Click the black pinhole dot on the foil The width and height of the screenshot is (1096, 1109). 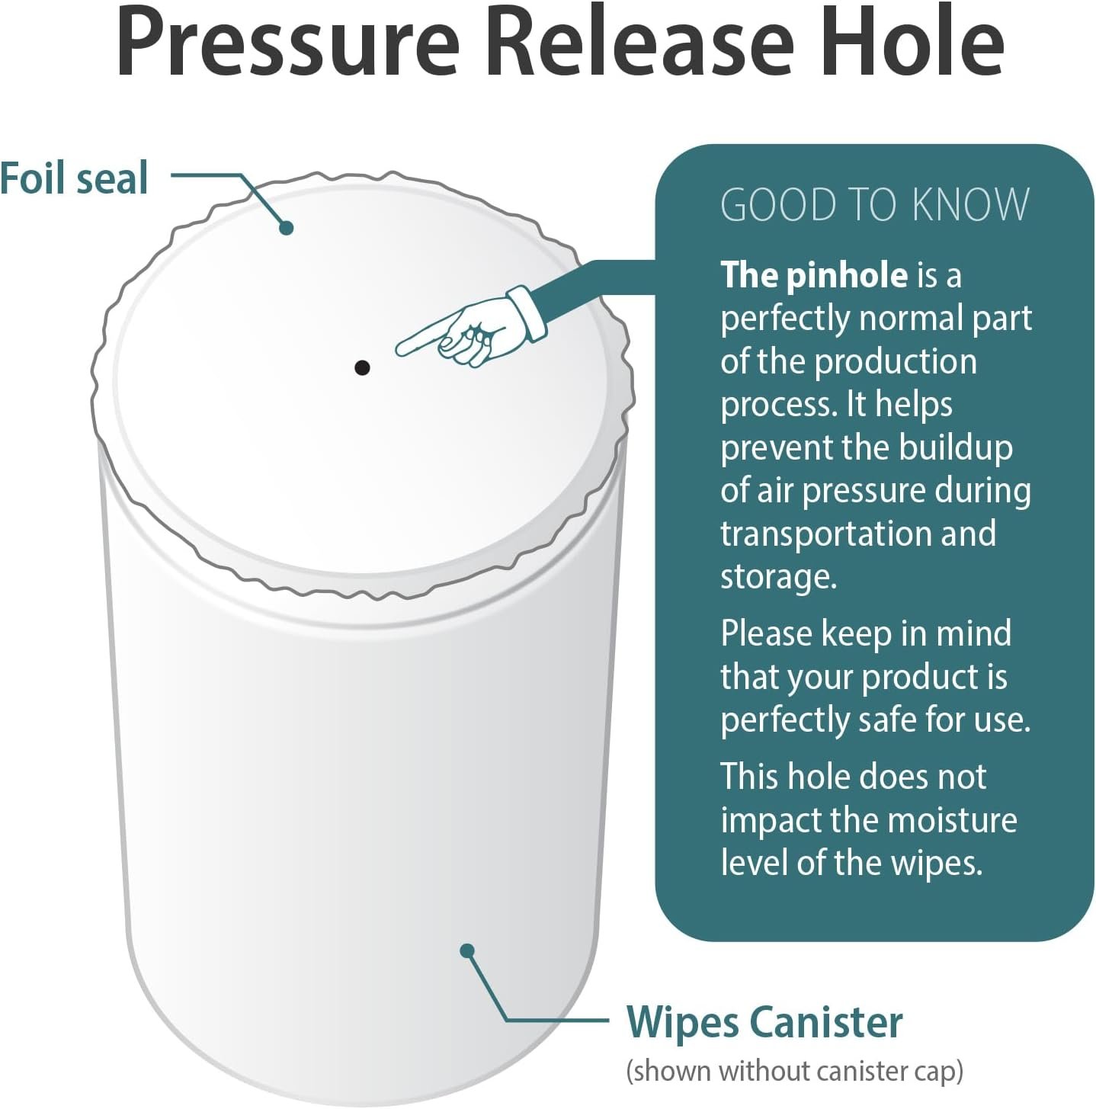click(x=362, y=368)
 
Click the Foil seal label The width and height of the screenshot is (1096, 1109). click(x=74, y=178)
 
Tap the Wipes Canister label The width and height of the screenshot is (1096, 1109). click(x=764, y=1022)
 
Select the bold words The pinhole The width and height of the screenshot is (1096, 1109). click(x=814, y=275)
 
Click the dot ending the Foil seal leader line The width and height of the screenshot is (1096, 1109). click(x=287, y=227)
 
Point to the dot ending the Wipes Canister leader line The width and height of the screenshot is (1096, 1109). click(x=467, y=950)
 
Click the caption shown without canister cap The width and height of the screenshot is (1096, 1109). click(x=794, y=1071)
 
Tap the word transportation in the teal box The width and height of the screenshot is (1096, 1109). click(x=827, y=534)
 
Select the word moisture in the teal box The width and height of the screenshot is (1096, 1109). click(x=952, y=820)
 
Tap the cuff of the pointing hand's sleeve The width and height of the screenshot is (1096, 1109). click(x=528, y=313)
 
